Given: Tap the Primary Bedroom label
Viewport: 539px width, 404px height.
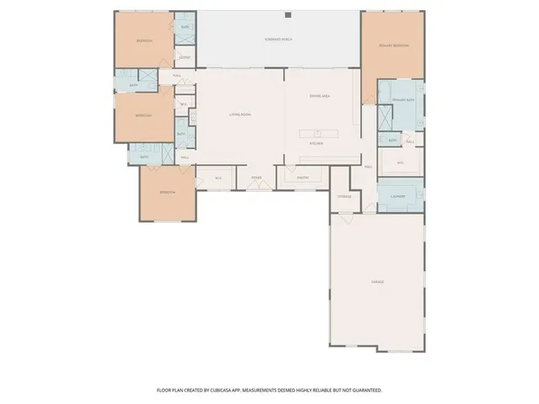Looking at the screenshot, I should pyautogui.click(x=394, y=45).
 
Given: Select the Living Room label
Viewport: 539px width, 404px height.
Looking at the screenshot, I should pyautogui.click(x=241, y=114).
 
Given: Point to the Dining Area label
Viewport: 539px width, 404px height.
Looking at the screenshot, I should pyautogui.click(x=319, y=97).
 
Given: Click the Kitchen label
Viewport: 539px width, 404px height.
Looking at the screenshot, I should pyautogui.click(x=317, y=143).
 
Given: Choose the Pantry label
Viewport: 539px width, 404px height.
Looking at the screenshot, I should pyautogui.click(x=303, y=178).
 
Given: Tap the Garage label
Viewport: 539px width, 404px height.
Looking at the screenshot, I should pyautogui.click(x=378, y=281).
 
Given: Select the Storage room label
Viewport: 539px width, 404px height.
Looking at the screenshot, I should pyautogui.click(x=344, y=195).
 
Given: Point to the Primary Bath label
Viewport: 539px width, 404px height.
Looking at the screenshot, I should pyautogui.click(x=405, y=99).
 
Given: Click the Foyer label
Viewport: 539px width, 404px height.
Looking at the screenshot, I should pyautogui.click(x=256, y=178).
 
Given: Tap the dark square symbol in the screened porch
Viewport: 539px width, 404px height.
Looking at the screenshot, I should pyautogui.click(x=287, y=14).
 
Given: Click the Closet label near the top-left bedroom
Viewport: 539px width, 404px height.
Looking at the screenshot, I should pyautogui.click(x=184, y=57).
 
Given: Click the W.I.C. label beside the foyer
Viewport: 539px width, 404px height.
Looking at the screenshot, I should pyautogui.click(x=218, y=178).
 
